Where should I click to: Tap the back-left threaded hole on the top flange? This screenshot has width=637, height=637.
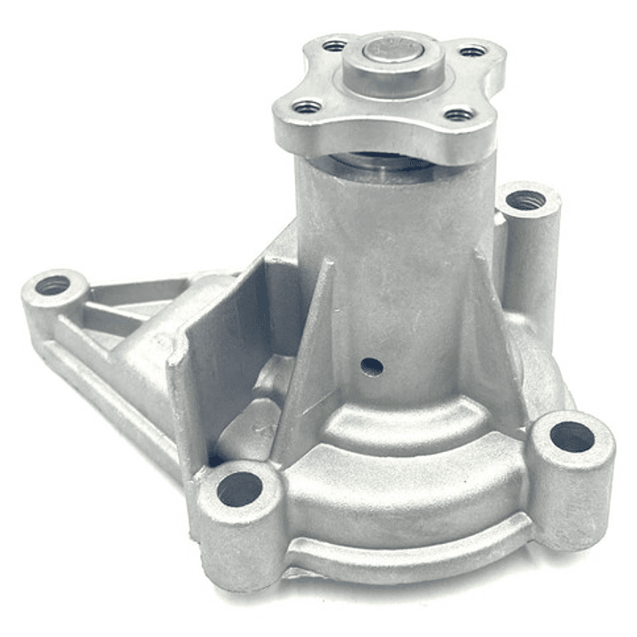coord(334,45)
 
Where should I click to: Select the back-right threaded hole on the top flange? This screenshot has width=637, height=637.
coord(472,51)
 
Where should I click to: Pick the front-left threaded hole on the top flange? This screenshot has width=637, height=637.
coord(307,107)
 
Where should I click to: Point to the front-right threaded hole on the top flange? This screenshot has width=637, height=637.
coord(458,114)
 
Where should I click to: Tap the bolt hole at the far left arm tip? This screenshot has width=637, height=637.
coord(53,285)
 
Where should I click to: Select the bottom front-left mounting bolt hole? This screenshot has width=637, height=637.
coord(240,489)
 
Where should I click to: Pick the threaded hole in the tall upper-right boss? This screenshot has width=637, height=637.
coord(525,201)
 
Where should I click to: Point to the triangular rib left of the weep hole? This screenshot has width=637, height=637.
coord(315,354)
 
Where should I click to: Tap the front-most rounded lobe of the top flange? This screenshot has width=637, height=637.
coord(381,133)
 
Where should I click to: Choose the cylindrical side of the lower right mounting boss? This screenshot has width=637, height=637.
coord(576,496)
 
